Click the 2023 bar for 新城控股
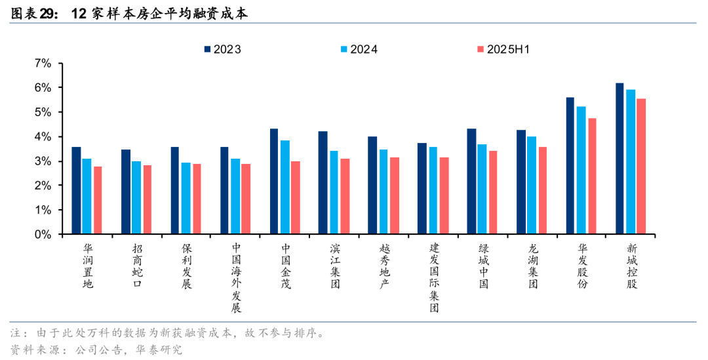click(x=619, y=159)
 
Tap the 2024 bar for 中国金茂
click(x=285, y=188)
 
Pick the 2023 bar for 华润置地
click(x=76, y=191)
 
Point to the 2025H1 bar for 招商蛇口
click(x=147, y=200)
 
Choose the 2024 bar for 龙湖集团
click(x=532, y=186)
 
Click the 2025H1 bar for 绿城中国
click(x=493, y=193)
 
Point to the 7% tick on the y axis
click(x=42, y=63)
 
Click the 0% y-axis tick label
click(x=42, y=234)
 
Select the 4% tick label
click(x=42, y=136)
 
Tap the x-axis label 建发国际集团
click(x=433, y=278)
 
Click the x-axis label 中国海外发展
click(x=236, y=278)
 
